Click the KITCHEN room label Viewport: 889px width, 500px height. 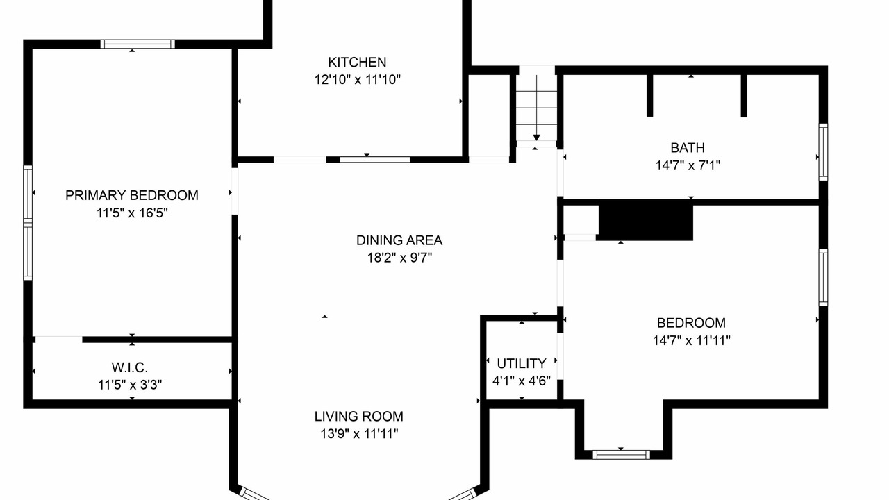tap(357, 62)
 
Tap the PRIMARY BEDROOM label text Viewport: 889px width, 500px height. tap(132, 195)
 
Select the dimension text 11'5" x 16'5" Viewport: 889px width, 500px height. tap(132, 213)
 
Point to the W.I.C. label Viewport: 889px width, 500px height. tap(130, 367)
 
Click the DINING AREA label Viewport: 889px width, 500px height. tap(399, 240)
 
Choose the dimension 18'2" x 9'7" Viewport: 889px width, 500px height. tap(399, 258)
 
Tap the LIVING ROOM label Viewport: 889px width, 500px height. tap(359, 416)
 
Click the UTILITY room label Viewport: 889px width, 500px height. tap(522, 363)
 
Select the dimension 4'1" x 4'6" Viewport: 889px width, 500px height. tap(522, 381)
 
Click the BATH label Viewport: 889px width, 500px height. tap(688, 148)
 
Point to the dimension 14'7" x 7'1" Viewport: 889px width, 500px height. tap(688, 165)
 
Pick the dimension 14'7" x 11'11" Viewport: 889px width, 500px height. tap(691, 340)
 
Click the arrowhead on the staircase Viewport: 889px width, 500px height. tap(537, 137)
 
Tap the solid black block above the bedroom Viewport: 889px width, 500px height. tap(646, 220)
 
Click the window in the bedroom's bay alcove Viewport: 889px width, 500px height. tap(621, 455)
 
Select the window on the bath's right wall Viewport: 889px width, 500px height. tap(824, 152)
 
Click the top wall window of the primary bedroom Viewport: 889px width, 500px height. tap(138, 44)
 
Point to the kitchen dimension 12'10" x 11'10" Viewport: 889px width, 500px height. tap(358, 80)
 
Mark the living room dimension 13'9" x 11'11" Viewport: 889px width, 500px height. tap(359, 434)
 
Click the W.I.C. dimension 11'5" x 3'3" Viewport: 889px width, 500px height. tap(130, 385)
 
